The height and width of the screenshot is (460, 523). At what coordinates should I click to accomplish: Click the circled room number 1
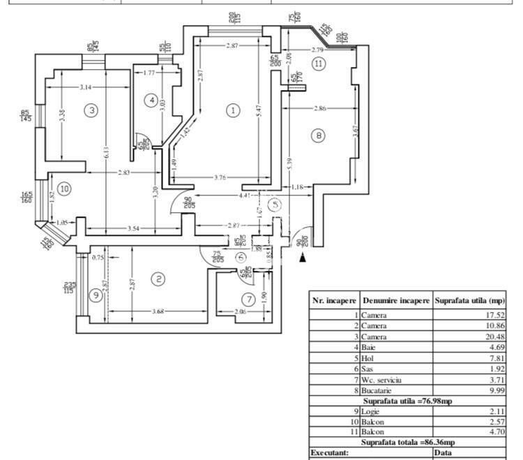(234, 110)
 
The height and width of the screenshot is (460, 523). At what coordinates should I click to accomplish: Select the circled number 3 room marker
(90, 110)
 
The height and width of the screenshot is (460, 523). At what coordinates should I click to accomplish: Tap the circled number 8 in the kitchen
(319, 135)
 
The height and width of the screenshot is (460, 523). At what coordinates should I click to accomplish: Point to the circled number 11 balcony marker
(319, 64)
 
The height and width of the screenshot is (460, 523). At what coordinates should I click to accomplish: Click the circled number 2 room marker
(159, 279)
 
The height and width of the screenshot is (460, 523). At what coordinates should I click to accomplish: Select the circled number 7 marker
(249, 299)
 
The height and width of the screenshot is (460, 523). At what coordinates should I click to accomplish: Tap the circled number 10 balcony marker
(64, 188)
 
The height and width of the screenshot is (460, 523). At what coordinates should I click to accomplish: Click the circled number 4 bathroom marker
(151, 101)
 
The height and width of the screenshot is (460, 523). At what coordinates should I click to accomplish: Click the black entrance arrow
(302, 258)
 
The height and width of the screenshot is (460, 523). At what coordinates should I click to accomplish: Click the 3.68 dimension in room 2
(159, 312)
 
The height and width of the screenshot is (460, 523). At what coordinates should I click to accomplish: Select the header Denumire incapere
(395, 300)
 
